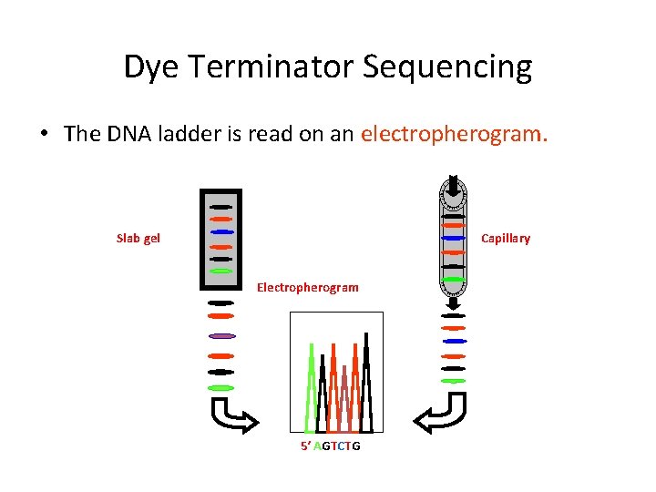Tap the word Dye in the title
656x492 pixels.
coord(149,67)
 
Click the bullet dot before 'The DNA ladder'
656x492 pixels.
coord(44,134)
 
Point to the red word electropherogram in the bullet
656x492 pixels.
coord(455,134)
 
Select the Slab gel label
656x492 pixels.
coord(138,238)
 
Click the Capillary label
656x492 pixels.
coord(505,239)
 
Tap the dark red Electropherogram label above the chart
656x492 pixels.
coord(308,287)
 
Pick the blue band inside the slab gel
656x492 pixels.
coord(221,232)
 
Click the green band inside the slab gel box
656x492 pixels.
coord(220,271)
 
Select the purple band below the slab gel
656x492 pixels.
coord(220,335)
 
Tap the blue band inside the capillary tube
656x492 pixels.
coord(453,238)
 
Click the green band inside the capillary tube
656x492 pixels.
coord(454,278)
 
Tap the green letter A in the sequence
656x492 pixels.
coord(317,446)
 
